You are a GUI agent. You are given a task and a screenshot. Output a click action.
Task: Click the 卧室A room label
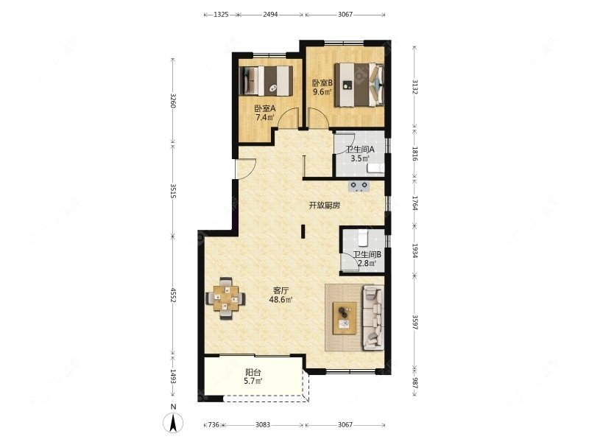(265, 108)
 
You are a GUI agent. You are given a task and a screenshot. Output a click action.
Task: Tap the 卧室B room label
(322, 83)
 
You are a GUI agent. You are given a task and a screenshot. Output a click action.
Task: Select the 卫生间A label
(360, 150)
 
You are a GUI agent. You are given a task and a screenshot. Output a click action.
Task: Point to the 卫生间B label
(367, 254)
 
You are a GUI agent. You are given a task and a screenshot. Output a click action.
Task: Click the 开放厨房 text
(325, 206)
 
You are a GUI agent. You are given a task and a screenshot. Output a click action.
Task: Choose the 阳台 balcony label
(253, 373)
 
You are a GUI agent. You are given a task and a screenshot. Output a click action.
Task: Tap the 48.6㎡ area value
(281, 300)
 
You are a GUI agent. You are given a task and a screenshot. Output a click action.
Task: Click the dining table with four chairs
(225, 298)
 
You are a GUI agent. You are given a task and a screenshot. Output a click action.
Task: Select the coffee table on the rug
(345, 318)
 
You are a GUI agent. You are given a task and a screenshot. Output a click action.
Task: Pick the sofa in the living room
(373, 318)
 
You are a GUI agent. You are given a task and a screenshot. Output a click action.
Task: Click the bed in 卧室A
(266, 81)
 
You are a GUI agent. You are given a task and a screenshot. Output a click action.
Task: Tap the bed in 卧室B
(359, 85)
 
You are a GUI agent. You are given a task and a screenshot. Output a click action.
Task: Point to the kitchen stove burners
(359, 186)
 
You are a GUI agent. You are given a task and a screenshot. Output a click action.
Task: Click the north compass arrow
(173, 422)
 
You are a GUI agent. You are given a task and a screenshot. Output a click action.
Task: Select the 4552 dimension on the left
(173, 295)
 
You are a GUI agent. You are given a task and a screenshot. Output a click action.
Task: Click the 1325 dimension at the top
(221, 15)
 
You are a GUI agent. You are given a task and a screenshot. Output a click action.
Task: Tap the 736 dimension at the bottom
(213, 425)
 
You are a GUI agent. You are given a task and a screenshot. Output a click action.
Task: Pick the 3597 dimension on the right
(415, 323)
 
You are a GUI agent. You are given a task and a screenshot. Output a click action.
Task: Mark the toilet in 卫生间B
(362, 237)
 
